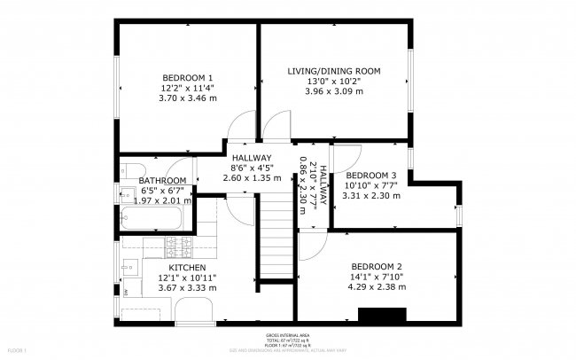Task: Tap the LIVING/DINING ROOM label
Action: (x=333, y=70)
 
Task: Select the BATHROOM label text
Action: (x=162, y=180)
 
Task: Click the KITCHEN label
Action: (x=187, y=268)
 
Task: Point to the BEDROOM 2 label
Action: (x=377, y=267)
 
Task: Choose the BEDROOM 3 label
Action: (x=370, y=176)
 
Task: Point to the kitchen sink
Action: (x=129, y=263)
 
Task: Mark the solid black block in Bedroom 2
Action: (x=382, y=315)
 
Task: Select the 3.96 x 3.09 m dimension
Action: (x=333, y=91)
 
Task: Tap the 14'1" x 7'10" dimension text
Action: (x=377, y=277)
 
